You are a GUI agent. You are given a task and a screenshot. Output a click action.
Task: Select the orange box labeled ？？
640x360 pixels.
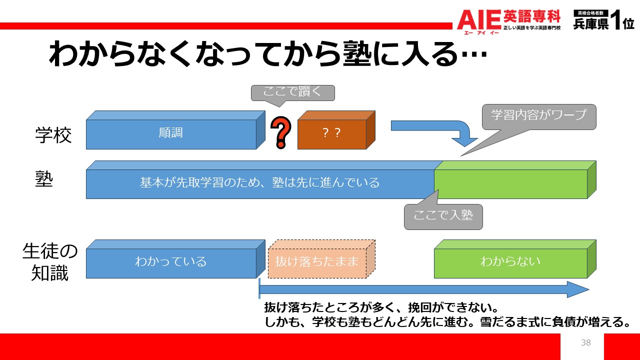[336, 130]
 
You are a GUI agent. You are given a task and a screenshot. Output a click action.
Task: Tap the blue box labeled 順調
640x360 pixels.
[175, 130]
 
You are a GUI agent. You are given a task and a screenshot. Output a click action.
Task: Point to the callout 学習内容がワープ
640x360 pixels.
[539, 116]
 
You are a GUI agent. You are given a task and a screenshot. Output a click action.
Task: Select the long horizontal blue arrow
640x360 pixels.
[424, 289]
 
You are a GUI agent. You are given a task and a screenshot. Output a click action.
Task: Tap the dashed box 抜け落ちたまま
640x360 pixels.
[321, 259]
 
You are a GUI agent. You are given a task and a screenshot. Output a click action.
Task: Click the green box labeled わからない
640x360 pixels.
[515, 259]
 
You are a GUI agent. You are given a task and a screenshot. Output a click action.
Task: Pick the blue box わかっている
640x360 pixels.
[175, 259]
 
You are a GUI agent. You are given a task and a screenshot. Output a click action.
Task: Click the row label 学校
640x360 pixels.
[53, 135]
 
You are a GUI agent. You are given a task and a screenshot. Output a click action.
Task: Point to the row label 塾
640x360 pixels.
[44, 179]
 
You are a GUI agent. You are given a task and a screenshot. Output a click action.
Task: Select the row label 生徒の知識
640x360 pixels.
[50, 262]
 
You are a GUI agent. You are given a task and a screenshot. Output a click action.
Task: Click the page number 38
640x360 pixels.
[585, 342]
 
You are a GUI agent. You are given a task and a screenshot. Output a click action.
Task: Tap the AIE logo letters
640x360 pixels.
[479, 19]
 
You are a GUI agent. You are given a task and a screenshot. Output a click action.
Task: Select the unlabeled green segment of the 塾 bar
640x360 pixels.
[515, 180]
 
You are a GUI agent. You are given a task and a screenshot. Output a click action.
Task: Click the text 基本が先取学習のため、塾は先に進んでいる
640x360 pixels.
[259, 182]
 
